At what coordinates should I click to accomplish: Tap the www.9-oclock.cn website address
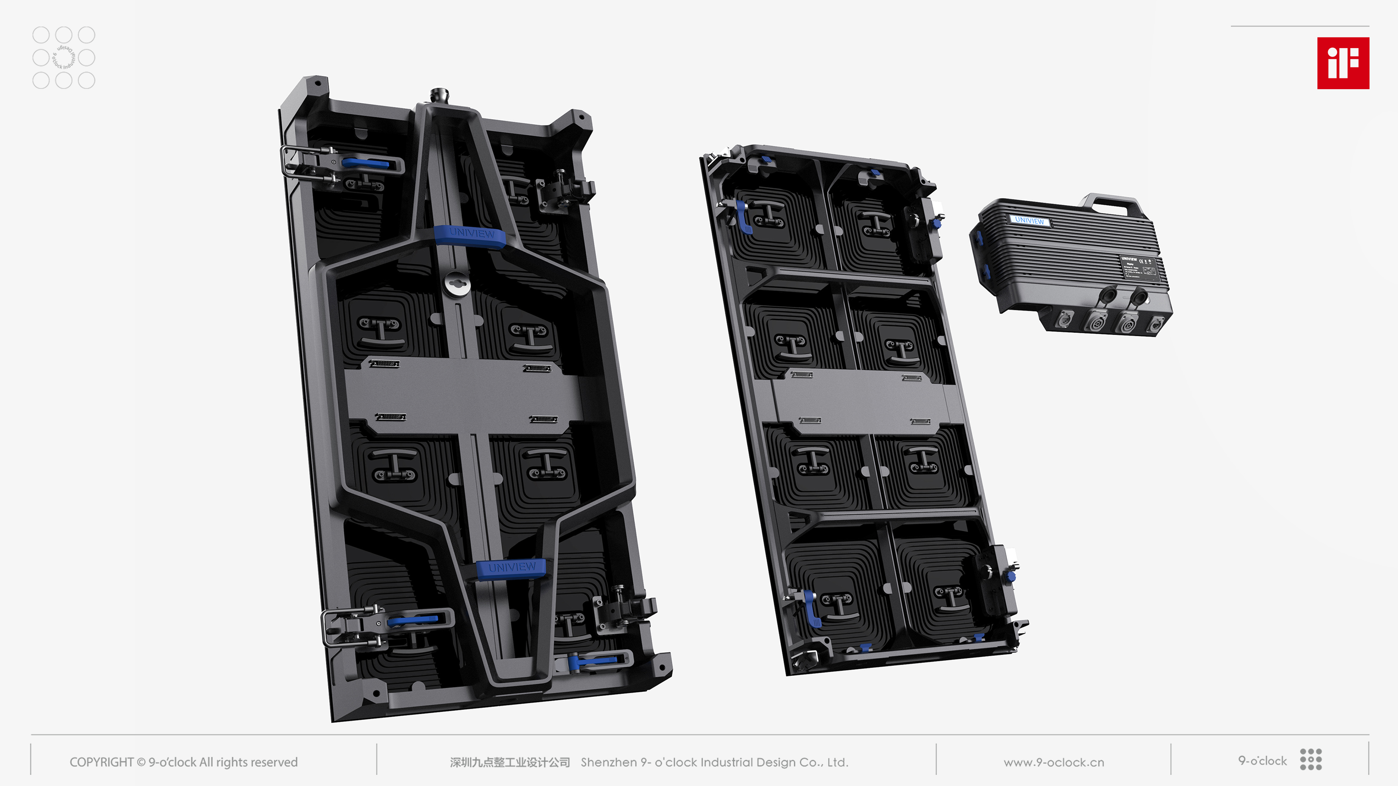pos(1053,762)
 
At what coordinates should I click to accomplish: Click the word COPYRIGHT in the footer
pos(101,762)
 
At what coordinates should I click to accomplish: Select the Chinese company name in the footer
pos(510,762)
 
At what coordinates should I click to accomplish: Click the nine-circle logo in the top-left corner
pos(64,57)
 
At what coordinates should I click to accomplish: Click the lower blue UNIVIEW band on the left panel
pos(511,568)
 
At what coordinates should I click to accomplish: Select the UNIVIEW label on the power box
pos(1029,220)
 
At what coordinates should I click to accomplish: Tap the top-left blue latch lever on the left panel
pos(365,163)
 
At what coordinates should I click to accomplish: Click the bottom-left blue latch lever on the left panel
pos(413,620)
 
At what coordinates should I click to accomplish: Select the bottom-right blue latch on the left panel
pos(594,661)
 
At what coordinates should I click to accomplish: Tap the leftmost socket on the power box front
pos(1062,320)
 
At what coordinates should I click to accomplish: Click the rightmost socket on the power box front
pos(1155,325)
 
